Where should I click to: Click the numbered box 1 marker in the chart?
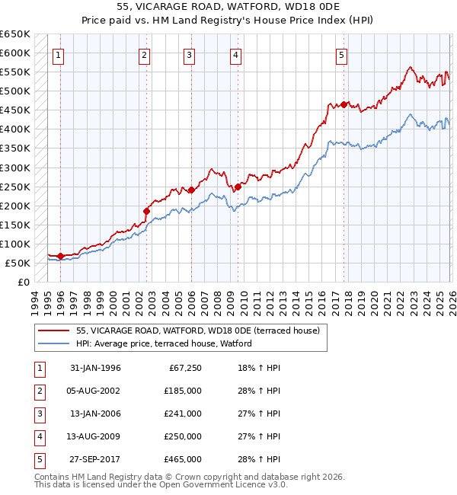[59, 55]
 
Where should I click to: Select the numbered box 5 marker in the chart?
[342, 55]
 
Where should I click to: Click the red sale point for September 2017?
[344, 104]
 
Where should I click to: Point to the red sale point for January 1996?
[61, 256]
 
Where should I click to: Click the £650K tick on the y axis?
[15, 34]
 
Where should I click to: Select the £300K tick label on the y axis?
[15, 168]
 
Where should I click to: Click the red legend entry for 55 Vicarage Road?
[202, 331]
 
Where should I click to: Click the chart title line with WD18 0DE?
[228, 7]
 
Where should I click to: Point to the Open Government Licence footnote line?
[161, 484]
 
